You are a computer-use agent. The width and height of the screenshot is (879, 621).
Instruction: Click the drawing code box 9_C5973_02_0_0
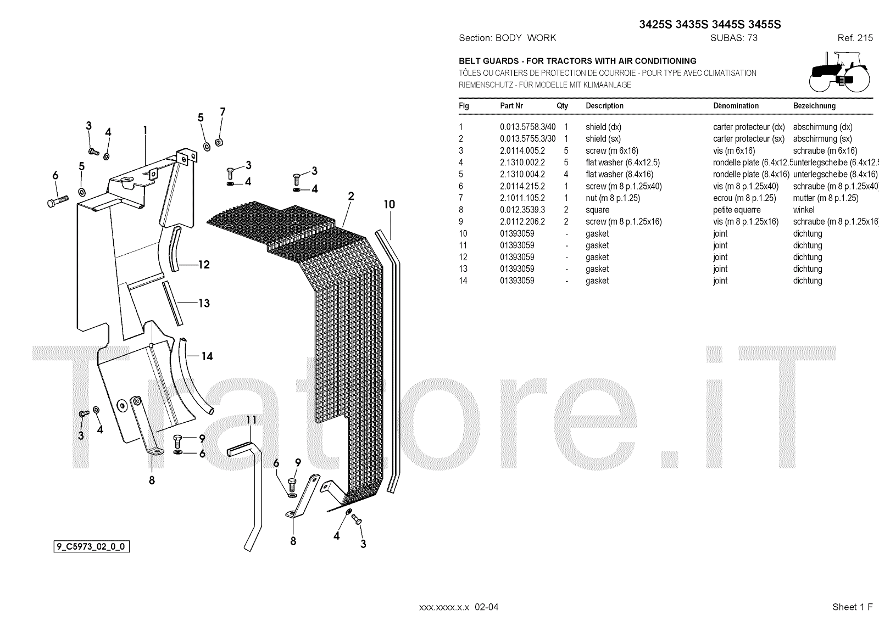[x=91, y=546]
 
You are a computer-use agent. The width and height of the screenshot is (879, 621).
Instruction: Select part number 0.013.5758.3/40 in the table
[x=527, y=127]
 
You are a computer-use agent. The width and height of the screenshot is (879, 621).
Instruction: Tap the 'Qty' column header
[x=562, y=105]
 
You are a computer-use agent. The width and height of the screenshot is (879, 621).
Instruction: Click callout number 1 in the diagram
[x=145, y=130]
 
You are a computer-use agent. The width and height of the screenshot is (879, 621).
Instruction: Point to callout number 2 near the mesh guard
[x=351, y=196]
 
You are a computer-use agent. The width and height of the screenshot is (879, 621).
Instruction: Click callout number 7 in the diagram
[x=222, y=112]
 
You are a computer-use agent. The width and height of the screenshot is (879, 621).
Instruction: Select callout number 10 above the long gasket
[x=389, y=204]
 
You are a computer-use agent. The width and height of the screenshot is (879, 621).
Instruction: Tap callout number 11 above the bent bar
[x=251, y=420]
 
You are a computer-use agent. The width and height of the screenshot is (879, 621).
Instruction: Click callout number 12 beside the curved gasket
[x=204, y=265]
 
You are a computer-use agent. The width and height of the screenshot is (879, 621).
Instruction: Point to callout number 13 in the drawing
[x=204, y=303]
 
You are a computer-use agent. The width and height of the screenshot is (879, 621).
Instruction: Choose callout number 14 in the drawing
[x=207, y=356]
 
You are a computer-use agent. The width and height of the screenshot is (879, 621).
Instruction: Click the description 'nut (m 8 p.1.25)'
[x=613, y=198]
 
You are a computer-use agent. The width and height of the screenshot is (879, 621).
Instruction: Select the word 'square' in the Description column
[x=597, y=210]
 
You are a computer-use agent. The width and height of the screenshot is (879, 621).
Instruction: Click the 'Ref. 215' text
[x=855, y=38]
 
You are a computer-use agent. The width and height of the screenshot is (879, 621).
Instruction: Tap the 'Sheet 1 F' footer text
[x=852, y=607]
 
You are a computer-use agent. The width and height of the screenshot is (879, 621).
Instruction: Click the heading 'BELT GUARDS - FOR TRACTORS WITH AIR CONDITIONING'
[x=577, y=61]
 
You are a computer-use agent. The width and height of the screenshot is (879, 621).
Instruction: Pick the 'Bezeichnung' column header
[x=814, y=105]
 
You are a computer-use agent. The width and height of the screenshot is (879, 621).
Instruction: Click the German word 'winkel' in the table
[x=804, y=210]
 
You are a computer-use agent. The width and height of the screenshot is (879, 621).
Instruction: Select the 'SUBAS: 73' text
[x=733, y=38]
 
